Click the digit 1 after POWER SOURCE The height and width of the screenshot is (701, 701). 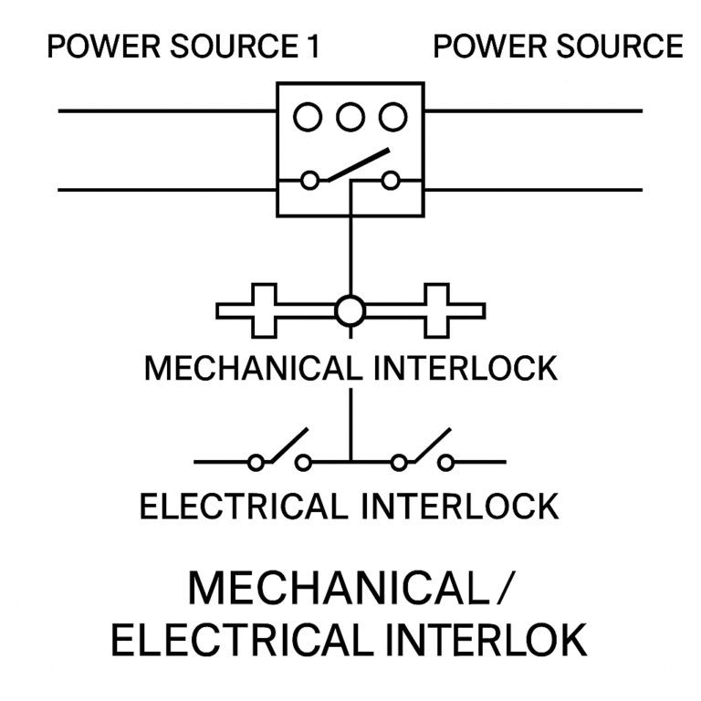pyautogui.click(x=313, y=47)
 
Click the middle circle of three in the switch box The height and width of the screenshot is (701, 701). pyautogui.click(x=350, y=117)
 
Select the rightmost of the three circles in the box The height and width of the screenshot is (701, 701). pyautogui.click(x=392, y=117)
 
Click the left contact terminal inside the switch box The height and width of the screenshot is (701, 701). pyautogui.click(x=310, y=181)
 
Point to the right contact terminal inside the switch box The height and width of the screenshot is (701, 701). pyautogui.click(x=391, y=181)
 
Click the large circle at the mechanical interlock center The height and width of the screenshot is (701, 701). pyautogui.click(x=350, y=311)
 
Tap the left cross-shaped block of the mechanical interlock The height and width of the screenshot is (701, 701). pyautogui.click(x=263, y=310)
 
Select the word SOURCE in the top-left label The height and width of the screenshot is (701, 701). pyautogui.click(x=229, y=47)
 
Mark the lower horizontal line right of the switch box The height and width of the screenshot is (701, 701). pyautogui.click(x=533, y=190)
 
